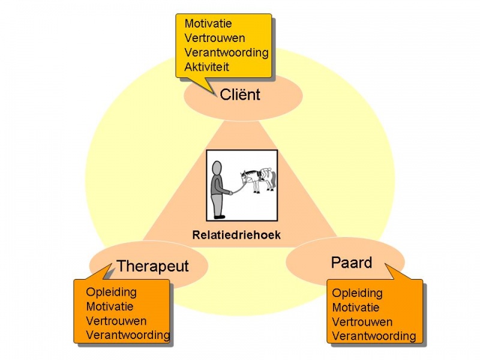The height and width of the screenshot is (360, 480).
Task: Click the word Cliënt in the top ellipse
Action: (x=240, y=95)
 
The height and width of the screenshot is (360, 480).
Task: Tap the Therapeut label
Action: (x=152, y=266)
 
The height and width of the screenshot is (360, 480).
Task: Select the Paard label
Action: (x=352, y=263)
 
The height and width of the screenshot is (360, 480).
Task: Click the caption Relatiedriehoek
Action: (x=236, y=235)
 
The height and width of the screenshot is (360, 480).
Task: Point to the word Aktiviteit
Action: (x=207, y=67)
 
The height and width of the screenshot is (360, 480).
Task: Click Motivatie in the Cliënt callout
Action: (x=208, y=24)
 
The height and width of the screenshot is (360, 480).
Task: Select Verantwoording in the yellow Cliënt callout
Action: (x=226, y=52)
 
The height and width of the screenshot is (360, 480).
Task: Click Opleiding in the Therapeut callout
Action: (x=111, y=293)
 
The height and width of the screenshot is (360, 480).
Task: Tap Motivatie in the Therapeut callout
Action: (x=110, y=307)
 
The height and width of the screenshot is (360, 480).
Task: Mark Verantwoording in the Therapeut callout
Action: (x=128, y=335)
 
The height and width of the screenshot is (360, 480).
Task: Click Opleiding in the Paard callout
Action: (x=357, y=293)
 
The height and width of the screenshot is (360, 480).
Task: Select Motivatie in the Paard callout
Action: (x=356, y=308)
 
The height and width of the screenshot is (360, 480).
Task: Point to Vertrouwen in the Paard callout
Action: (x=362, y=322)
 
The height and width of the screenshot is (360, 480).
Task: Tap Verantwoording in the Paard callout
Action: (x=374, y=336)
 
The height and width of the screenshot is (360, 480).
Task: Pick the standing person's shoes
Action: (x=220, y=216)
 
